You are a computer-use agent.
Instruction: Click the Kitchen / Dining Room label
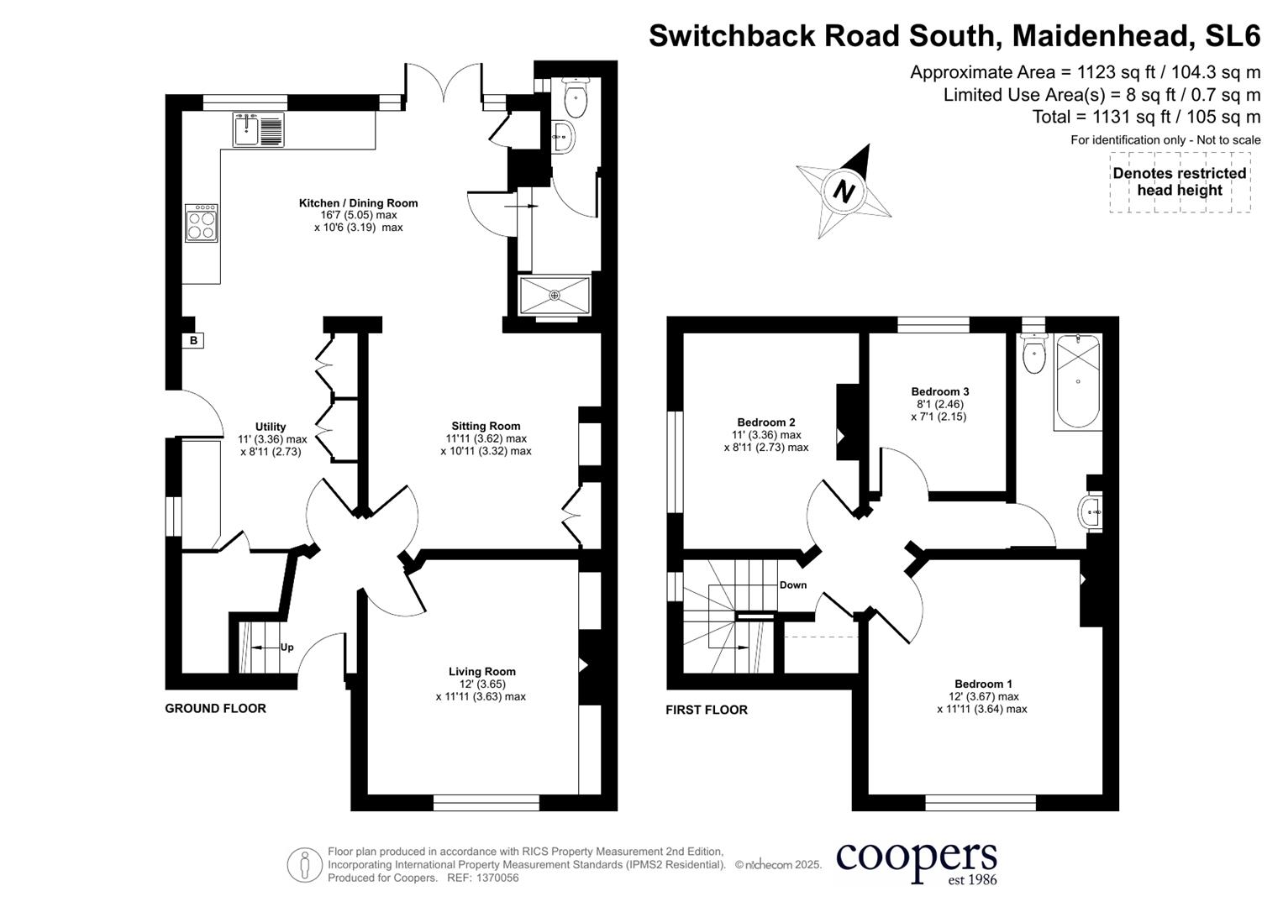click(358, 203)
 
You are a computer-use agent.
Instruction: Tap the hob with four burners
click(202, 223)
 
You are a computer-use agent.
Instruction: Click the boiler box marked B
click(194, 340)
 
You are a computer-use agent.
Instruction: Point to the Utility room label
click(271, 427)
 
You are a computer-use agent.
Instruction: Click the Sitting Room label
click(486, 426)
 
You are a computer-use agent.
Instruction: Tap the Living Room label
click(481, 671)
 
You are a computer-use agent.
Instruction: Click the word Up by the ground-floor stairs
click(287, 647)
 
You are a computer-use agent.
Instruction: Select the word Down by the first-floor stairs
click(792, 585)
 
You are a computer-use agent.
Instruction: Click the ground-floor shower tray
click(555, 295)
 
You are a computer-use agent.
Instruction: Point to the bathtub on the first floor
click(1076, 381)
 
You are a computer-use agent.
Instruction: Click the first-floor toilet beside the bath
click(1033, 354)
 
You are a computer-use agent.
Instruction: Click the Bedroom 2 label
click(765, 422)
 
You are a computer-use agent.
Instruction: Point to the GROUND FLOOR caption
click(215, 708)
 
